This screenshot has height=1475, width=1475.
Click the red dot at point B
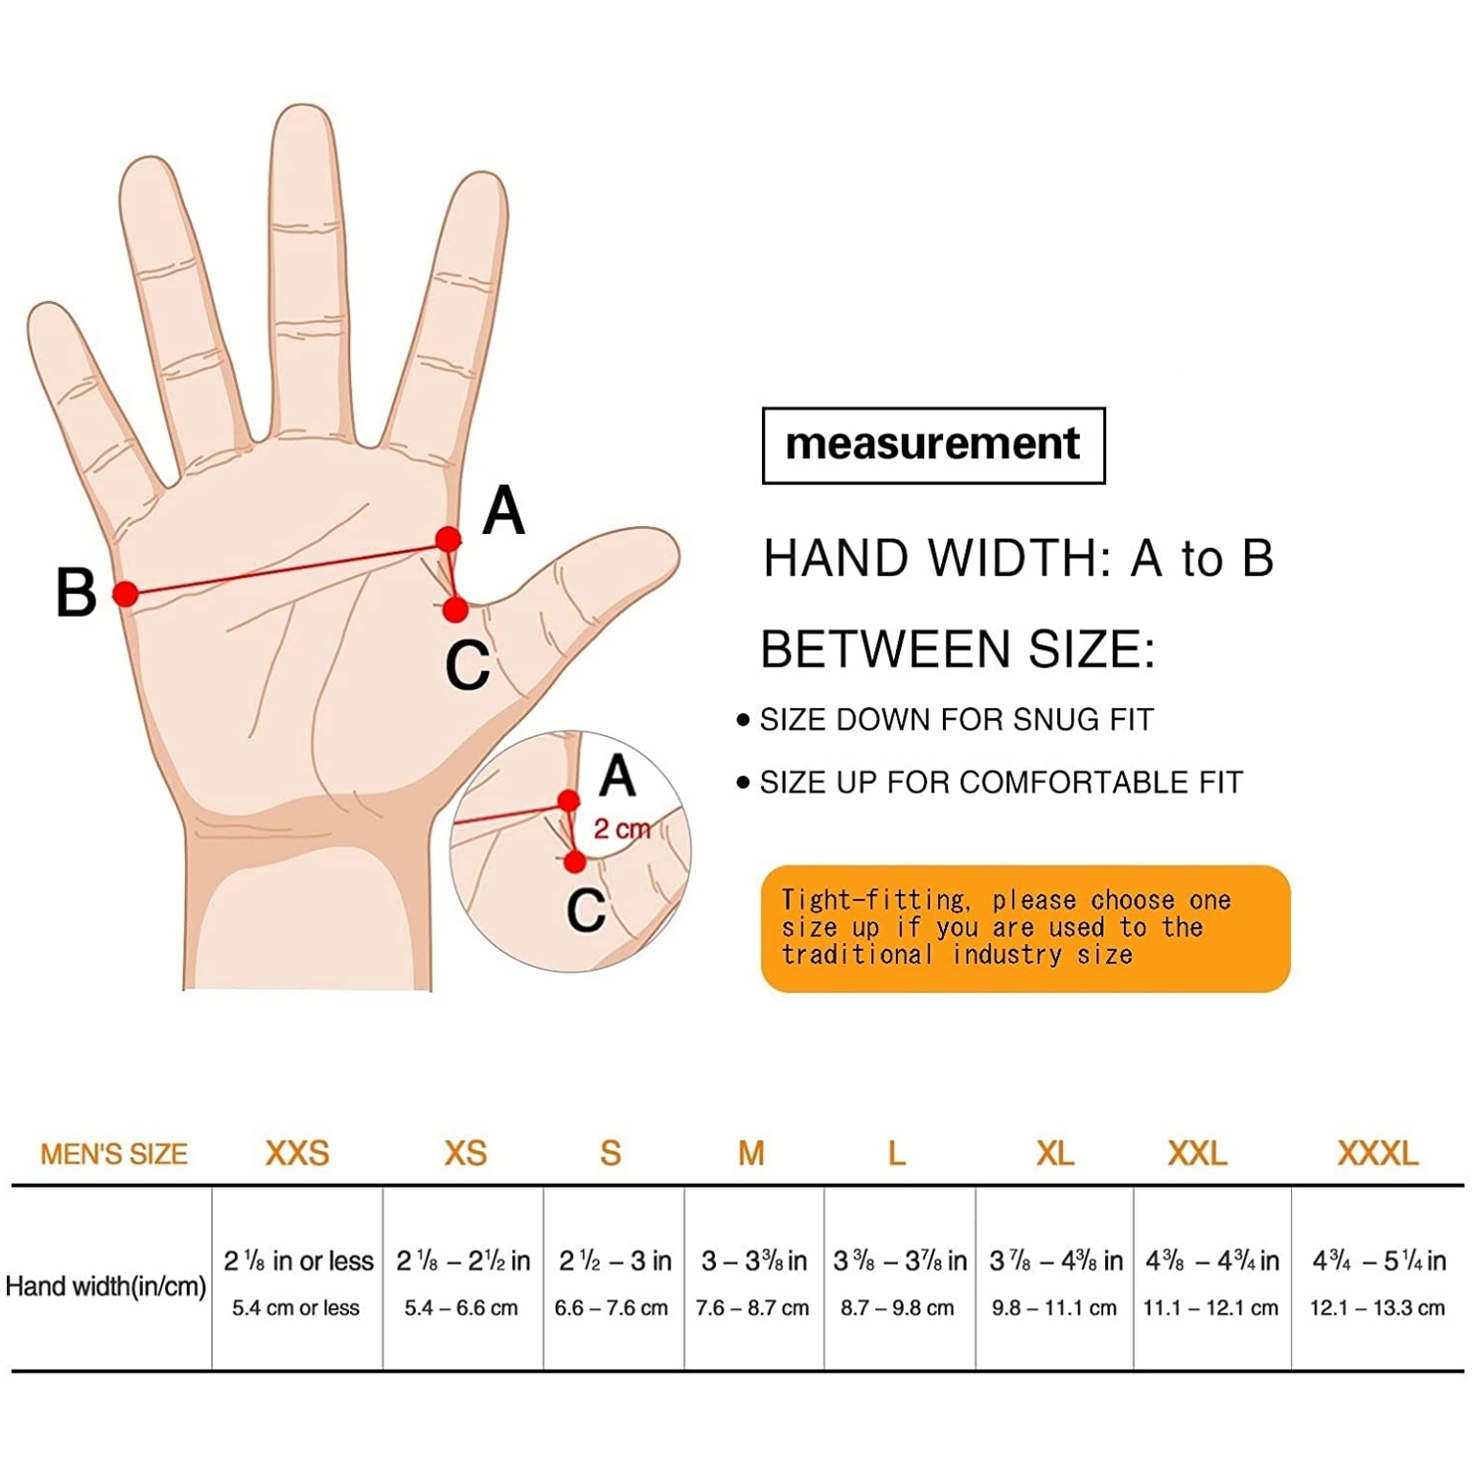point(125,593)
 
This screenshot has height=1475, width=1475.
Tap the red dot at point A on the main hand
point(447,539)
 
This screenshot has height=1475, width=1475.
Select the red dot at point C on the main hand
point(455,610)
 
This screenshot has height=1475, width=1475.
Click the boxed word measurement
point(933,444)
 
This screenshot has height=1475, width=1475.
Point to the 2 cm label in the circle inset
point(621,829)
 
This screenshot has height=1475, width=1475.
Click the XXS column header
point(297,1152)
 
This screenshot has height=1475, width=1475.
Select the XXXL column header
point(1378,1152)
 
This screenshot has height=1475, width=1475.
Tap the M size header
point(751,1152)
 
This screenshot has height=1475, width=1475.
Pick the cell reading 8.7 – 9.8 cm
point(897,1308)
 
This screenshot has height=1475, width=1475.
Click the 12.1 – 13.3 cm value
point(1378,1308)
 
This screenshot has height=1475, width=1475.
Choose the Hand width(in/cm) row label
point(106,1286)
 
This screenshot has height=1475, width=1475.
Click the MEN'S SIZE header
point(114,1153)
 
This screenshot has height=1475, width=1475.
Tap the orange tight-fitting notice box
point(1026,928)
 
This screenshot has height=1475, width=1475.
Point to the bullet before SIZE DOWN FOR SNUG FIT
point(743,721)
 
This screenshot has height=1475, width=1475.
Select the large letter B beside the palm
point(76,593)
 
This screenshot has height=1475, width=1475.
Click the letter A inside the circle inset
point(618,777)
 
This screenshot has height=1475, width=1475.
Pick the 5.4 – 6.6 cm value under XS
point(461,1308)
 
